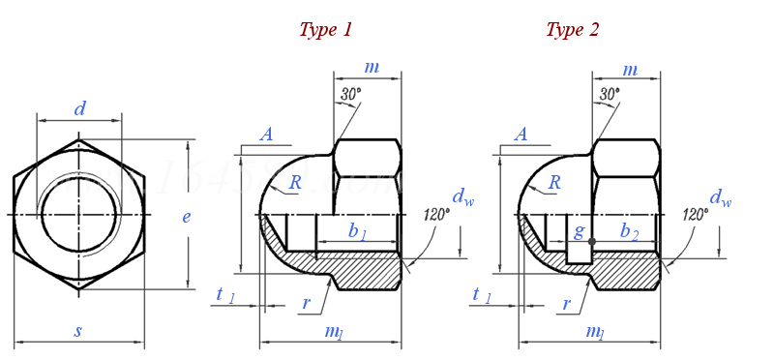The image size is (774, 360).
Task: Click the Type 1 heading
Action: [325, 31]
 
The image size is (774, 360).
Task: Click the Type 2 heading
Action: [572, 31]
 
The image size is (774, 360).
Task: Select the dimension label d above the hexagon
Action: [79, 108]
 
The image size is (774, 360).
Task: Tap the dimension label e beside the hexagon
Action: [186, 217]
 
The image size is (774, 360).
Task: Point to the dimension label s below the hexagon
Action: [77, 331]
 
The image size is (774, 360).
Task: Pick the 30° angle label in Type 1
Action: [350, 94]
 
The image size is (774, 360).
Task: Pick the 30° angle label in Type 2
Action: [610, 94]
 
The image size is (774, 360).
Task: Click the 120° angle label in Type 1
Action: [437, 214]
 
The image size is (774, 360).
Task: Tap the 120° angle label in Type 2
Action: [696, 214]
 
